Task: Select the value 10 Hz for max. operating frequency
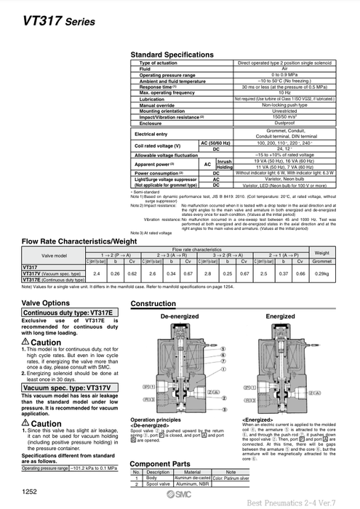(284, 93)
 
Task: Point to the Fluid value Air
(284, 69)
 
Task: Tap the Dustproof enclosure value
(284, 124)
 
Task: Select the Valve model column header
(53, 254)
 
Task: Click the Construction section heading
(153, 303)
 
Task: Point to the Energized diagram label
(280, 317)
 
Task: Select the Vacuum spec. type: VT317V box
(64, 388)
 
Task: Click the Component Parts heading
(160, 462)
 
